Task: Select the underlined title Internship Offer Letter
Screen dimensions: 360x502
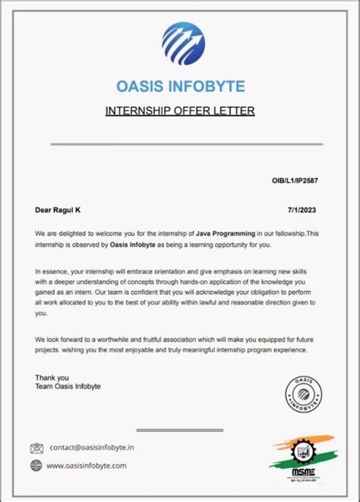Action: (x=179, y=112)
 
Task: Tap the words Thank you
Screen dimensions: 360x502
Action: (x=52, y=377)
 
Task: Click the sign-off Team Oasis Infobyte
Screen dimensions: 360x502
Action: (x=68, y=387)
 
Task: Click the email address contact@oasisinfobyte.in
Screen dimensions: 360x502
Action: (x=92, y=447)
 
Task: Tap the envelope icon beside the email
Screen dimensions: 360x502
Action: (x=37, y=447)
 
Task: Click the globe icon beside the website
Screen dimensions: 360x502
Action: (x=36, y=466)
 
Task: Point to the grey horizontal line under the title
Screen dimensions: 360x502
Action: (x=186, y=144)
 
